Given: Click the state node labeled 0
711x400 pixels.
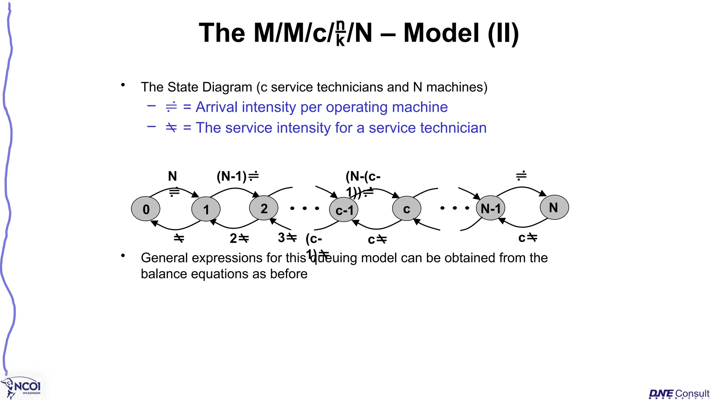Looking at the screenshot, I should (146, 209).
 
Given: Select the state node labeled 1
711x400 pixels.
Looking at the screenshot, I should (206, 209).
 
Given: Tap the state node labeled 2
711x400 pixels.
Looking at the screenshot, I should (264, 208).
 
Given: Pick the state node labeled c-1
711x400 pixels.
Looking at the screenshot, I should (344, 210).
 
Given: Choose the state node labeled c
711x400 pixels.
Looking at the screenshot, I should (407, 208).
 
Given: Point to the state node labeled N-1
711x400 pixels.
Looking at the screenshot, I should (491, 208).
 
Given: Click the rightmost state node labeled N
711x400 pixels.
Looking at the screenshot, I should (554, 207).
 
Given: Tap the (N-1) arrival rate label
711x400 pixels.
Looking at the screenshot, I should (237, 176).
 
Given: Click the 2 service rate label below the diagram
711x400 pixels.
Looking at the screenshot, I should (239, 238).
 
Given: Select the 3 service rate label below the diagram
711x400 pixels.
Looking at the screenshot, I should (287, 237).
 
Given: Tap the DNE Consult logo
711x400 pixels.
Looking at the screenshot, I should (679, 393).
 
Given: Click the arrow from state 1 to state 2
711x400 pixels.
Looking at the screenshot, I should (235, 189).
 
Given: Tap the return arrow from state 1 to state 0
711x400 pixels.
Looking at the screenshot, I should (176, 228).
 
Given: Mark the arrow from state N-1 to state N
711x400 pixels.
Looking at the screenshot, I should (522, 188).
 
